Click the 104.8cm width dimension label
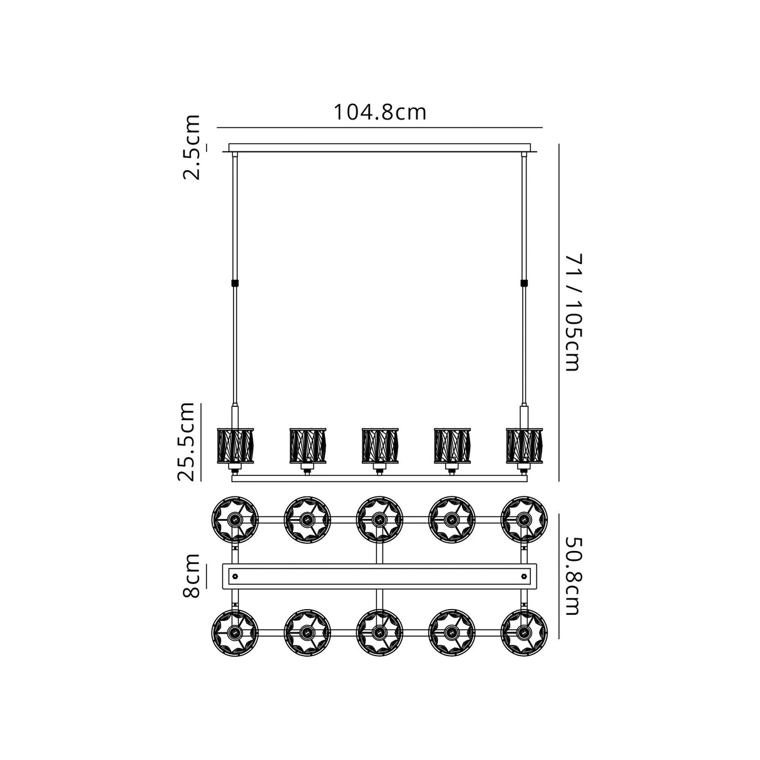380,113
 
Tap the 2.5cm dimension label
192,147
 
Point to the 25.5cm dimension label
186,442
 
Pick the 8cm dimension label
192,575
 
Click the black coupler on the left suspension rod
235,283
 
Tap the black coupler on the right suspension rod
524,283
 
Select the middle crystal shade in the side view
380,446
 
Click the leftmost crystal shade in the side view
235,446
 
